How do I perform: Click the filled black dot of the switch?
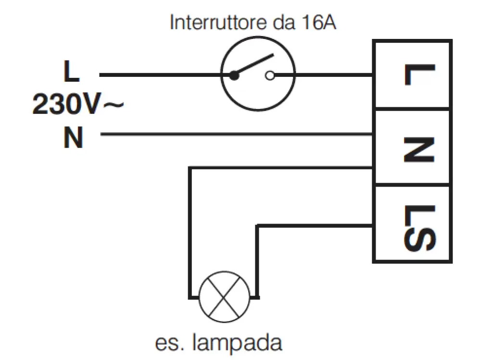pyautogui.click(x=234, y=75)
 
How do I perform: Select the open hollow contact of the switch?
pyautogui.click(x=270, y=75)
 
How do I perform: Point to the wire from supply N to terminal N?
pyautogui.click(x=236, y=135)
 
